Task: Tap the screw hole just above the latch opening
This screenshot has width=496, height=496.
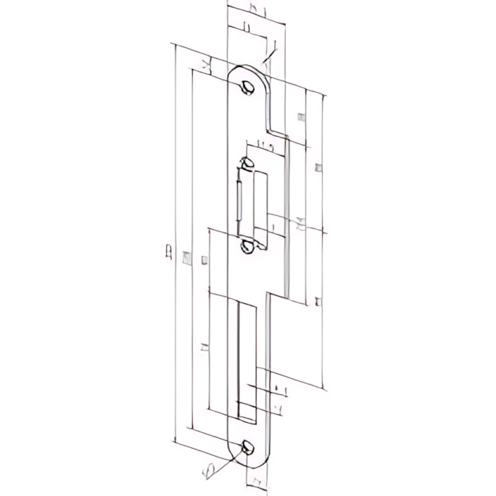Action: [248, 164]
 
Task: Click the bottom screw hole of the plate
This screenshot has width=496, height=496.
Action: [248, 448]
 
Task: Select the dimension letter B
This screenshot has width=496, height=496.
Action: [168, 253]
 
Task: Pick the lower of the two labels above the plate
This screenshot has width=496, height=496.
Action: [247, 28]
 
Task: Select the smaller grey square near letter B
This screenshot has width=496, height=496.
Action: [205, 259]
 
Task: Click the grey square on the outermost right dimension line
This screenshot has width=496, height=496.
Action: [317, 167]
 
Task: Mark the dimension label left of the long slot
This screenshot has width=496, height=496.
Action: [204, 347]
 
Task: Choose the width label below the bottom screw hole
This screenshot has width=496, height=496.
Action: [254, 479]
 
